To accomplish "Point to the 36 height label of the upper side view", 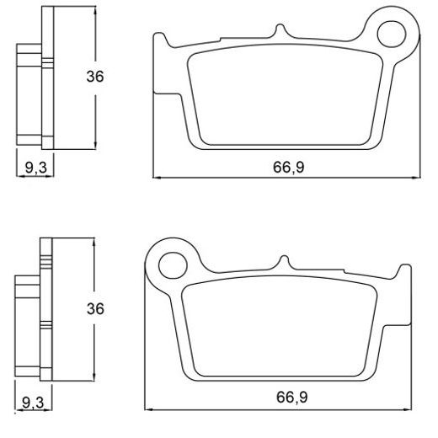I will [x=96, y=77].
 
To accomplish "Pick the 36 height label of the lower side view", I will [x=96, y=308].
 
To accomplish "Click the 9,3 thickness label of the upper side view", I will [x=35, y=168].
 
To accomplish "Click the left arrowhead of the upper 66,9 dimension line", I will [x=156, y=177].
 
